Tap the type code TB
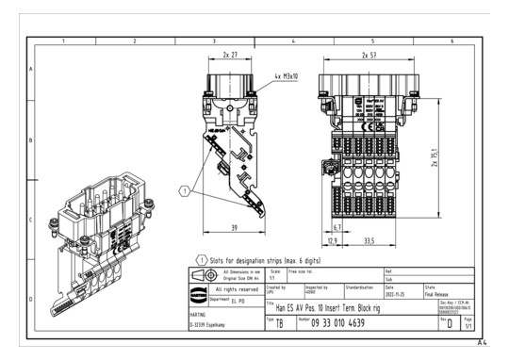click(x=278, y=323)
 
